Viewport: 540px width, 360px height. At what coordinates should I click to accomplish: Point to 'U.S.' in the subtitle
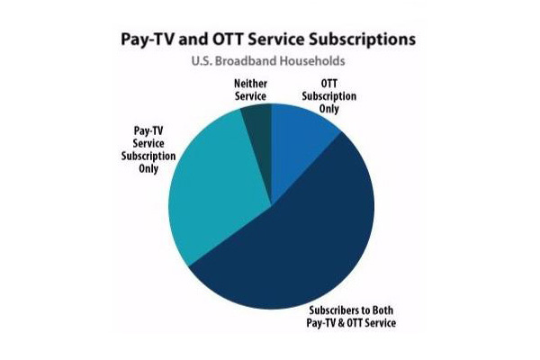coord(202,61)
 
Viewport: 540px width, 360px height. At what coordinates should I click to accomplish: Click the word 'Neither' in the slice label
coord(251,84)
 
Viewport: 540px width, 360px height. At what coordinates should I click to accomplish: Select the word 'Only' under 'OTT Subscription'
coord(329,109)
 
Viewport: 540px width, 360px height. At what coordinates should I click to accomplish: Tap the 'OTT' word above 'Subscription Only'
coord(329,84)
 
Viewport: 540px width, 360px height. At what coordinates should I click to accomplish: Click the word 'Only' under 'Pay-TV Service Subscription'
coord(148,169)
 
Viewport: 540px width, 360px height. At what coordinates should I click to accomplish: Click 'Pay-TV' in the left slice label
coord(148,130)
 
